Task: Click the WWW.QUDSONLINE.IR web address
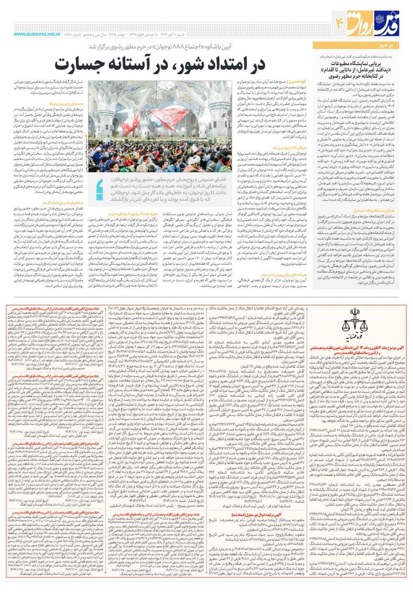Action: [30, 35]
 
